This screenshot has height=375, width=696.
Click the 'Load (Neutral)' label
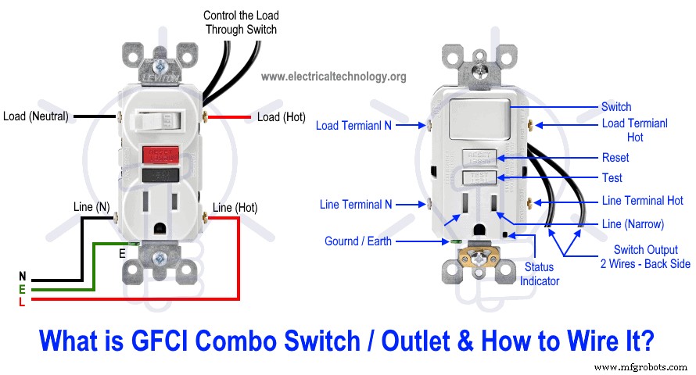point(35,116)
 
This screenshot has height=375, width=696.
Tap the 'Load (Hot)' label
point(281,117)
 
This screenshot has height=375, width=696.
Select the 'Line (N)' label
point(92,206)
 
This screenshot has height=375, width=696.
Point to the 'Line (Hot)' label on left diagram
point(235,207)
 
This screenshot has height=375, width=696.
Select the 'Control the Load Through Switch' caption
point(241,22)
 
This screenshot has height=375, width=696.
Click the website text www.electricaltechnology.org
point(333,76)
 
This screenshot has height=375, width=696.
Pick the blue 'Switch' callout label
point(616,106)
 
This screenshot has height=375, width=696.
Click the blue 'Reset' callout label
point(615,158)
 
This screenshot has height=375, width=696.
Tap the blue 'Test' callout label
point(612,177)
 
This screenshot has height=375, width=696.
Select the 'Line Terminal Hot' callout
point(643,201)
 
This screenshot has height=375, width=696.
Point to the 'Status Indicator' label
point(540,274)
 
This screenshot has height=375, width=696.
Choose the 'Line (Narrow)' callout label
point(633,224)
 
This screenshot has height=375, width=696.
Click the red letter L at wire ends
point(21,302)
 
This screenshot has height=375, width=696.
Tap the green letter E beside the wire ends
point(21,289)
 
